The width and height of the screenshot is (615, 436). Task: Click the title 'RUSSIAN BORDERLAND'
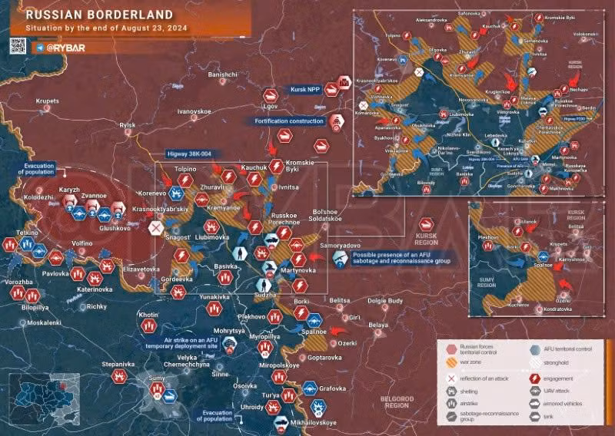pyautogui.click(x=81, y=15)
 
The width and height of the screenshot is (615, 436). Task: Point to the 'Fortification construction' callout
pyautogui.click(x=285, y=121)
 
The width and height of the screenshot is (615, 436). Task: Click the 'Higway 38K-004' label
pyautogui.click(x=194, y=153)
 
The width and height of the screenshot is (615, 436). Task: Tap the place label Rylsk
pyautogui.click(x=127, y=125)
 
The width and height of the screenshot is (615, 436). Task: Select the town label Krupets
pyautogui.click(x=47, y=101)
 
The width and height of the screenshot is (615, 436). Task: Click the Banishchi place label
pyautogui.click(x=222, y=74)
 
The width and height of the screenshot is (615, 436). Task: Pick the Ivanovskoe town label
pyautogui.click(x=194, y=111)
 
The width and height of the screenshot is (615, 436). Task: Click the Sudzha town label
pyautogui.click(x=264, y=294)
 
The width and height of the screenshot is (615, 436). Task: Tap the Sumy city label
pyautogui.click(x=156, y=378)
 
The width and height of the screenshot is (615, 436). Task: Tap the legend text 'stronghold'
pyautogui.click(x=555, y=362)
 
